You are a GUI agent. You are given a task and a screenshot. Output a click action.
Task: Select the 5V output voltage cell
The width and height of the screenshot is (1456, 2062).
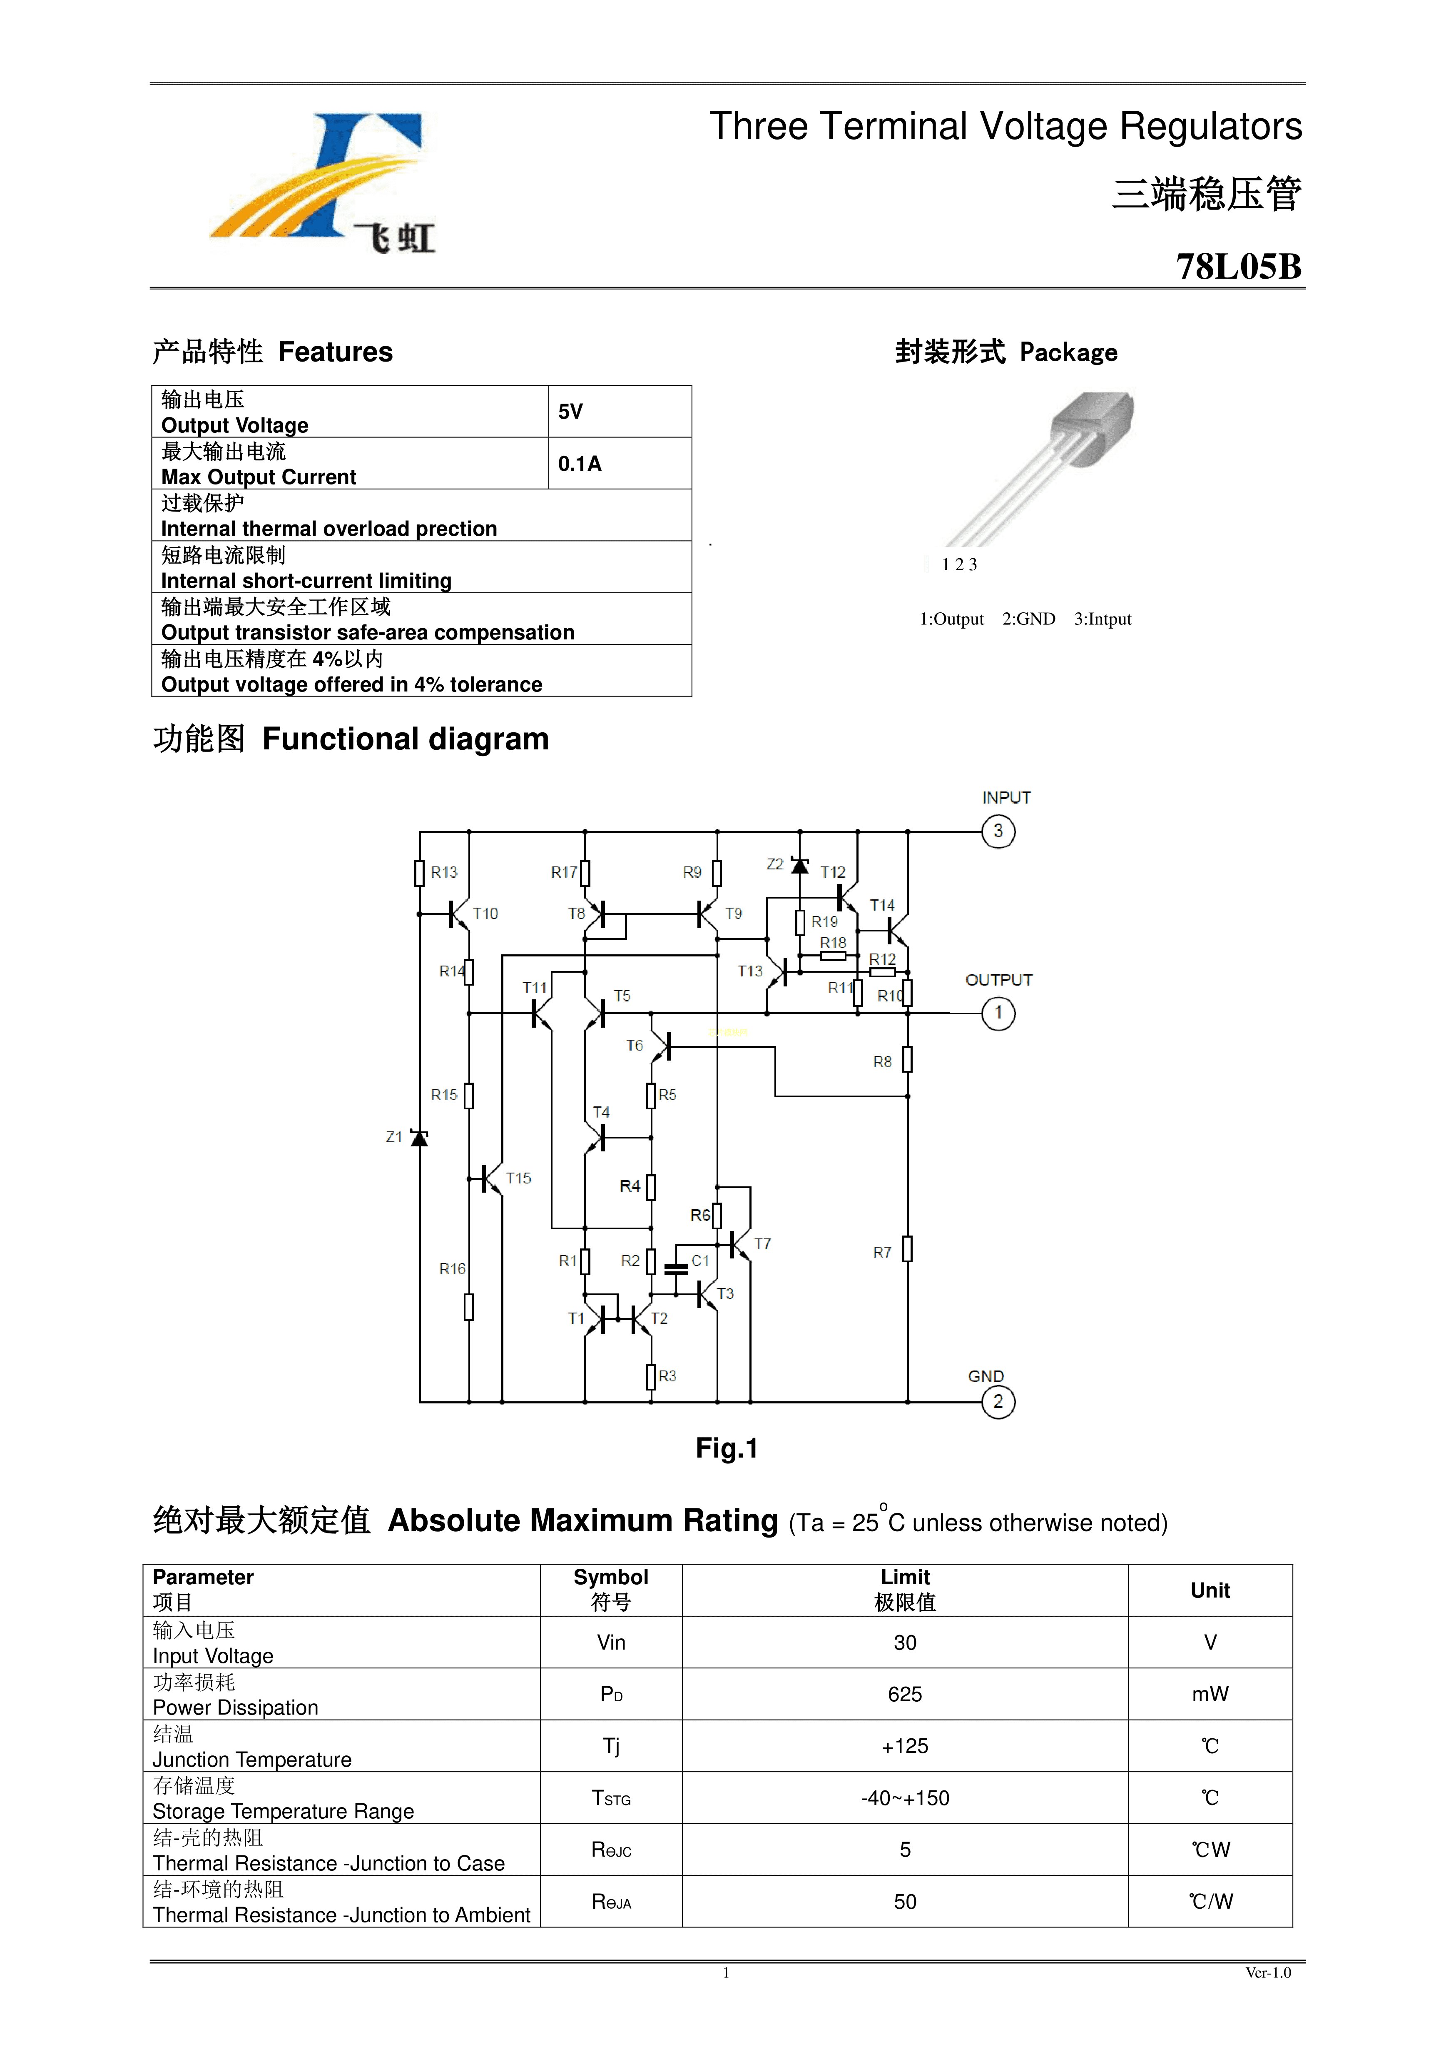571,412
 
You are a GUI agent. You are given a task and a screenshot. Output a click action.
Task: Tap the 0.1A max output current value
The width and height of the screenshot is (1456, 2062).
580,464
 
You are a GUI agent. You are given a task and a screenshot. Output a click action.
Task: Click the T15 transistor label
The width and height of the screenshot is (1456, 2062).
518,1178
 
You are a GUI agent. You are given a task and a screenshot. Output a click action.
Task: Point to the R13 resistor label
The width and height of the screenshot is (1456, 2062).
443,872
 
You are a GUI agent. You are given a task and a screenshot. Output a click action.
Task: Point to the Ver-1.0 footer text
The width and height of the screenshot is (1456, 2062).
1267,1973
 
